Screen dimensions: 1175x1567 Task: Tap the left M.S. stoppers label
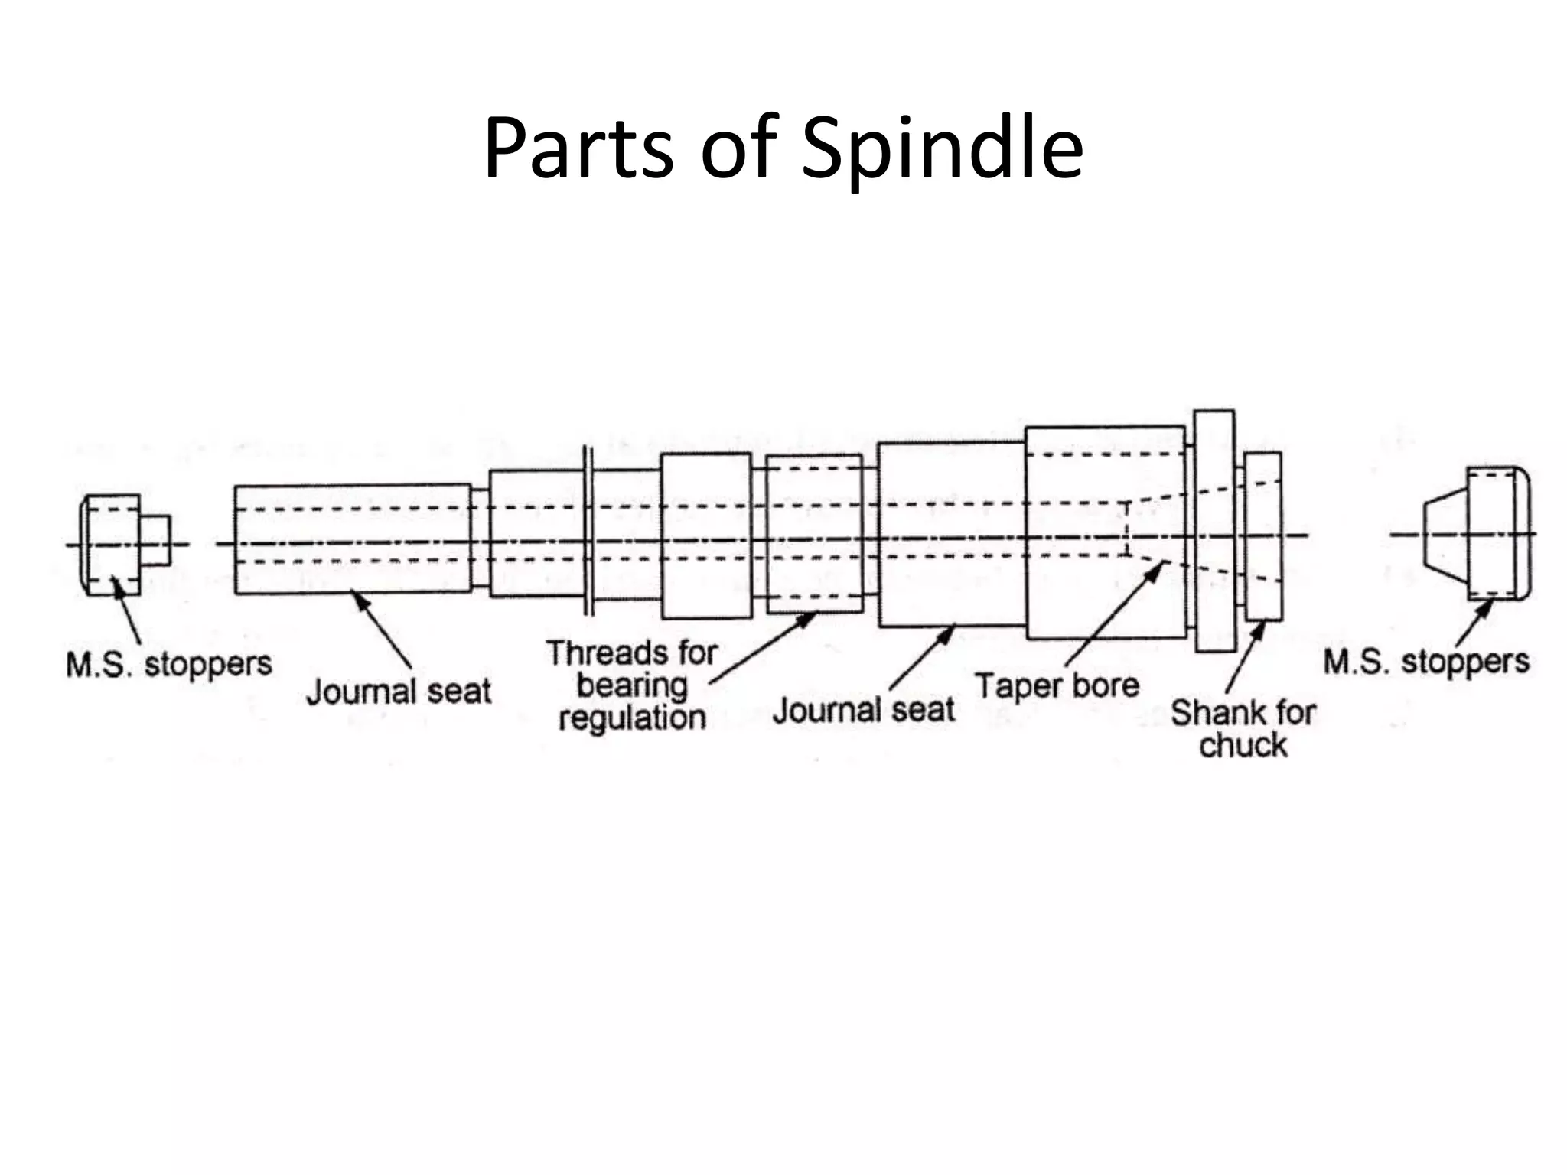[169, 664]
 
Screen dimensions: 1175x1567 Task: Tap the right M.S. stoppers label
[1426, 662]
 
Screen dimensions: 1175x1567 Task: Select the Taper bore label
[1057, 685]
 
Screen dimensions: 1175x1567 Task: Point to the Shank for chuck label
[1243, 728]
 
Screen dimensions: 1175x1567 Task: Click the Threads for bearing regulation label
[632, 685]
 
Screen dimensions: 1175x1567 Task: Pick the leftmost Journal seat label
[399, 692]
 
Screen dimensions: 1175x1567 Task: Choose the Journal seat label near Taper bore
[864, 710]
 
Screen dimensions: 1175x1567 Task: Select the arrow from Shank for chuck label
[1245, 658]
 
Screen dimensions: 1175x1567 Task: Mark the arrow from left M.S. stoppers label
[128, 612]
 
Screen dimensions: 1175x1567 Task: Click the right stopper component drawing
[1477, 533]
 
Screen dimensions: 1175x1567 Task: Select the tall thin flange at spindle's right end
[1214, 531]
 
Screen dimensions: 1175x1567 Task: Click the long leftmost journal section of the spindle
[352, 539]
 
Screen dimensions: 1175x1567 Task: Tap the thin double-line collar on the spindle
[588, 531]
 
